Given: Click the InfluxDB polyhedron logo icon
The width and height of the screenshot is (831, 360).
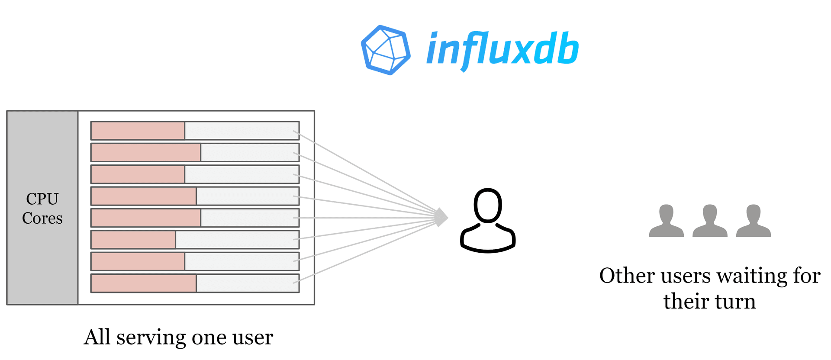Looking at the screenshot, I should coord(385,50).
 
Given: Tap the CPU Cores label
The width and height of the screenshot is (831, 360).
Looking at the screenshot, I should coord(42,208).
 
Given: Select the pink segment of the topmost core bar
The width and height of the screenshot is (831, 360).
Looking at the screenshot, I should coord(138,131).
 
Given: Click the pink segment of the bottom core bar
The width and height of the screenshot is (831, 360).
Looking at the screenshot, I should coord(144,283).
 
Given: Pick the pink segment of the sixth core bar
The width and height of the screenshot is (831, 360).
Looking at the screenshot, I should coord(133,240).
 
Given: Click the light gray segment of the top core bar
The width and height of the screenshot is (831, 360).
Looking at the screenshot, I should coord(242,131).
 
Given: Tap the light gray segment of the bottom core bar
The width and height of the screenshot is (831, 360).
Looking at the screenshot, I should coord(247,283).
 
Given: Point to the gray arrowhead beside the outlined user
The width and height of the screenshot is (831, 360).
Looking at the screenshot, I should coord(441,217).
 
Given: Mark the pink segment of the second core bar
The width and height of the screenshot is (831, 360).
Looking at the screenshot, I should coord(146,153).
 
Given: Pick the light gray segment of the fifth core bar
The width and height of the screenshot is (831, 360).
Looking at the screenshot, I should coord(250,218).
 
